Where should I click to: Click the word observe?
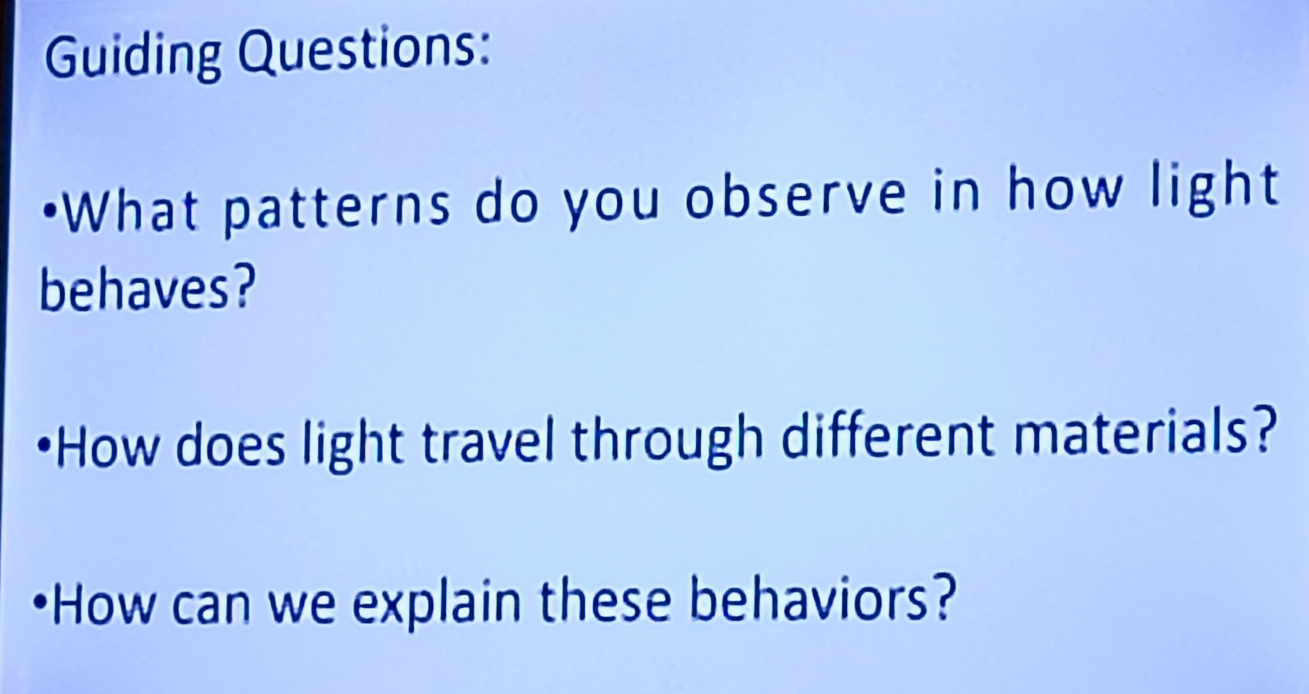coord(795,198)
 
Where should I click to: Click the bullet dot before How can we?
coord(40,605)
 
